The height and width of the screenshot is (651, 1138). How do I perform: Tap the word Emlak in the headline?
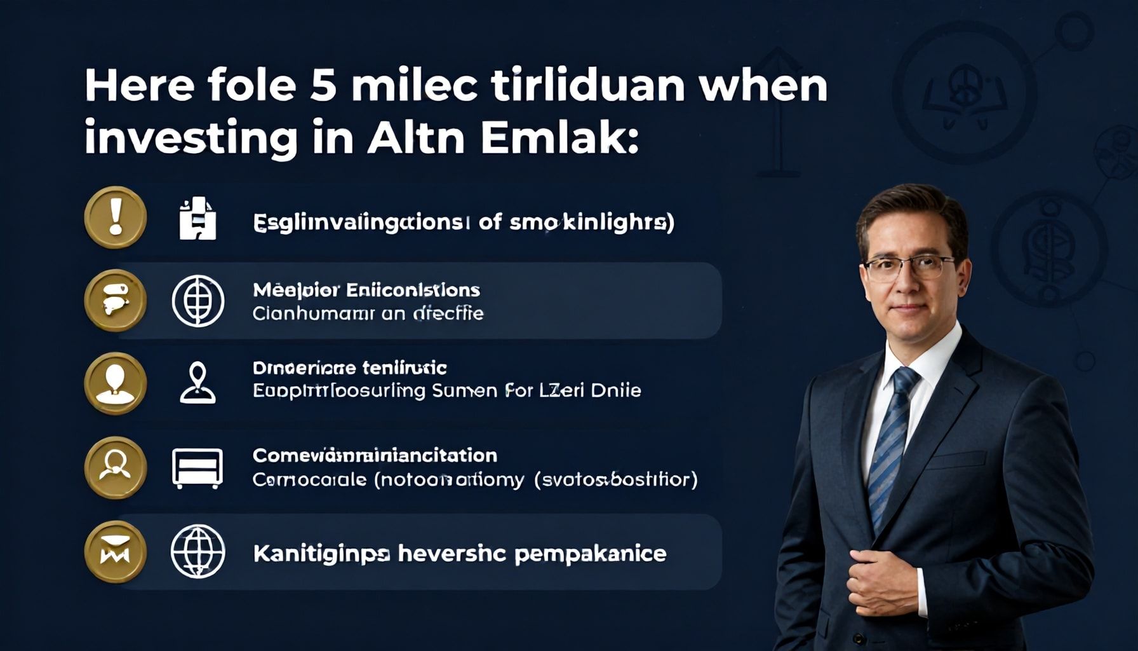559,138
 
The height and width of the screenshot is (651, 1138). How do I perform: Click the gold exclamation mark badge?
116,217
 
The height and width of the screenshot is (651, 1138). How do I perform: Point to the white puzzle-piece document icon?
197,218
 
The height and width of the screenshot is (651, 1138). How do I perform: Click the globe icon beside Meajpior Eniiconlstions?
198,301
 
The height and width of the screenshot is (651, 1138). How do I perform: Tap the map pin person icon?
197,383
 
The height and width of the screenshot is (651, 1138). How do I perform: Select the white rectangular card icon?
197,468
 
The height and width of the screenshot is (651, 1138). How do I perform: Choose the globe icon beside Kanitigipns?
198,551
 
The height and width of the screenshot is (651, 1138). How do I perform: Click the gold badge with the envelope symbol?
116,551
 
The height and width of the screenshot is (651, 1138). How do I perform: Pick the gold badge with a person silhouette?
116,383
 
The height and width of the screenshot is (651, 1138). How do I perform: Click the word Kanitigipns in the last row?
321,554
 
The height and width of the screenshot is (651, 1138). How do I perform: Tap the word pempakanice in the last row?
590,554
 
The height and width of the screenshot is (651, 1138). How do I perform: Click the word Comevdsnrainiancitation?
375,455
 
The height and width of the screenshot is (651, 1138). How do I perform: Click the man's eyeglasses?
909,268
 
